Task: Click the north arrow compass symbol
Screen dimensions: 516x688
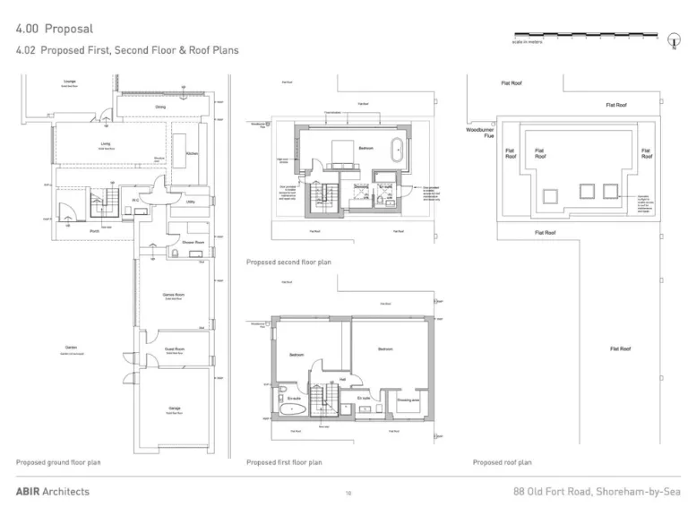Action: pos(673,39)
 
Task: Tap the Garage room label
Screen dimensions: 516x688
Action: pos(175,408)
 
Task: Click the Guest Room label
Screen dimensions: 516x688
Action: pos(175,348)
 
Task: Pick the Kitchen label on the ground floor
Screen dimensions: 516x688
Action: pos(192,153)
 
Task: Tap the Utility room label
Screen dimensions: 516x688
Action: pos(191,202)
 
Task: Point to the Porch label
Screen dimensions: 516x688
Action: pos(93,229)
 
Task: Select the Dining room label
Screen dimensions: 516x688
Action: pos(160,107)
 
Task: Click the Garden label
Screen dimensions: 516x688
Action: pos(71,348)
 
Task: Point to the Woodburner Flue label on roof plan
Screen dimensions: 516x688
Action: pos(480,133)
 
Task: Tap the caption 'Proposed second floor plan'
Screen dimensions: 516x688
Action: pos(288,262)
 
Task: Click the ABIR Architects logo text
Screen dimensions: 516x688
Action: pos(52,491)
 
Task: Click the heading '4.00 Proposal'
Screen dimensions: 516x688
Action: pos(54,30)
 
